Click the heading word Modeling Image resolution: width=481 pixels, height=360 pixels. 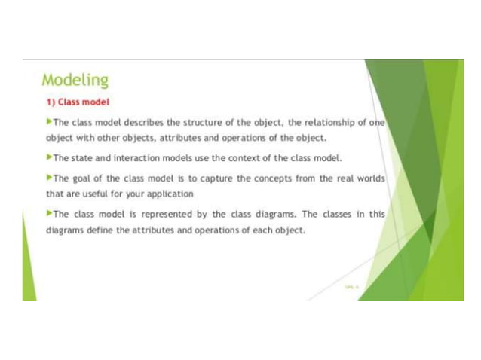(x=75, y=79)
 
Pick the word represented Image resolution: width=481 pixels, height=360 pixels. (x=160, y=214)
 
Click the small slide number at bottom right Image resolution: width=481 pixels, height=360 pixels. (x=351, y=287)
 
